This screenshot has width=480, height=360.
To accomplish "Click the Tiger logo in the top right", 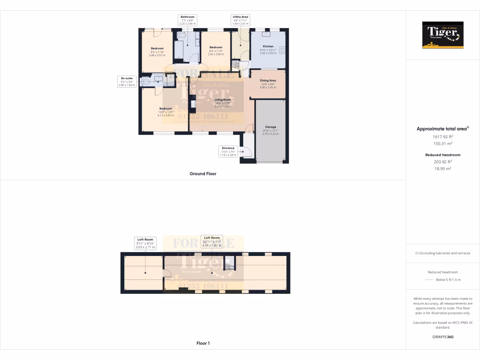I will coord(442,35).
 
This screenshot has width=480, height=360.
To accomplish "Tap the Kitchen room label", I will coord(268,46).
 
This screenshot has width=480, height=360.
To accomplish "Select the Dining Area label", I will coord(268,80).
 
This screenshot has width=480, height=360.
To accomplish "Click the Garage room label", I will coord(270,127).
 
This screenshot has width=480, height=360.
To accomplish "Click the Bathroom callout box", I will coord(187,19).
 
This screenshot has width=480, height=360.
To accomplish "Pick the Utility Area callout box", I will coord(241,19).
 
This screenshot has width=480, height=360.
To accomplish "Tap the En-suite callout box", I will coord(126,81).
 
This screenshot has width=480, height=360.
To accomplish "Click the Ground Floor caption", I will coord(203,173).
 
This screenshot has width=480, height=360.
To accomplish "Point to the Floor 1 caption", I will coord(203,343).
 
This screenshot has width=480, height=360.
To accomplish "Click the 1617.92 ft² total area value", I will coord(442,137).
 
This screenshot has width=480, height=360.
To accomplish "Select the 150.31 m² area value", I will coord(442,143).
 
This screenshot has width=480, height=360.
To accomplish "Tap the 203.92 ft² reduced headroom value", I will coord(442,162).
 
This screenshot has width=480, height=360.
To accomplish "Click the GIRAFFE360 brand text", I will coord(442,337).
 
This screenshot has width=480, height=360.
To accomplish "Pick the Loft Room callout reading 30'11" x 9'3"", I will coord(211,241).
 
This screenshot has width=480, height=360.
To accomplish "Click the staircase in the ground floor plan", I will coord(235,65).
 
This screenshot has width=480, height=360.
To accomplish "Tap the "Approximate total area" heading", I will coord(442,128).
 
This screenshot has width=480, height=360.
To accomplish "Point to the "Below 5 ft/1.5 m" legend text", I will coord(449,280).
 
